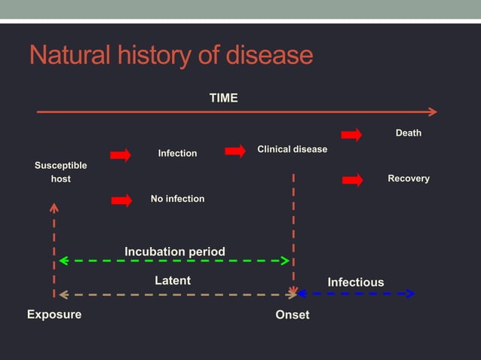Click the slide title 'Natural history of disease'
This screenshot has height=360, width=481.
(x=170, y=55)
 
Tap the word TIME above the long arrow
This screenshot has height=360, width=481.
(x=223, y=98)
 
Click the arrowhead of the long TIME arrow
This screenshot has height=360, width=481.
(x=432, y=111)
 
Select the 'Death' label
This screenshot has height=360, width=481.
(x=408, y=133)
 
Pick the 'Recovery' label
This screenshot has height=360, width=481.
(x=408, y=178)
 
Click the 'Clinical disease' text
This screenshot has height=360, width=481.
(x=292, y=149)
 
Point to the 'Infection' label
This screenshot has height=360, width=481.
(x=177, y=154)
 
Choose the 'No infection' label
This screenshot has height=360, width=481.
(x=177, y=199)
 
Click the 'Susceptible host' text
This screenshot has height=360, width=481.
(x=60, y=172)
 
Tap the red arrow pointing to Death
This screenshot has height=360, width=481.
(x=351, y=135)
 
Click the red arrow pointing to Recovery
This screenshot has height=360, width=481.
(x=352, y=180)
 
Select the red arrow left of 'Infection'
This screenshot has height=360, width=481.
(x=121, y=155)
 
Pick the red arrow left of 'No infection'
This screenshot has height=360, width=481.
(x=121, y=200)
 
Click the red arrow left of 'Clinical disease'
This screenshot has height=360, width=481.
(x=235, y=151)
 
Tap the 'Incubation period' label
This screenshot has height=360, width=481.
(x=174, y=251)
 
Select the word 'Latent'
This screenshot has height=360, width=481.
(x=173, y=280)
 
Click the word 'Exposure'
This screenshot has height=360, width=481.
(x=54, y=314)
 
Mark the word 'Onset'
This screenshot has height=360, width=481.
(x=292, y=315)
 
